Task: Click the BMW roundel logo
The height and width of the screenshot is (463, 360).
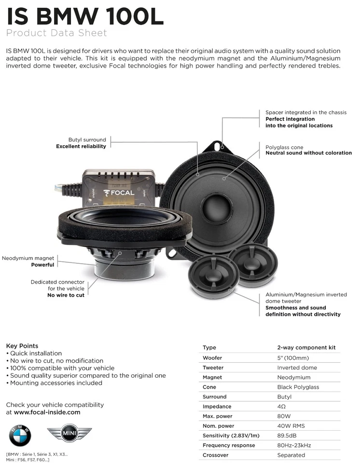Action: tap(20, 436)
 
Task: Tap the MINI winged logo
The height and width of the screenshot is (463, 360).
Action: tap(69, 434)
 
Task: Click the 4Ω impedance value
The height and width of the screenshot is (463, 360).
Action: tap(282, 407)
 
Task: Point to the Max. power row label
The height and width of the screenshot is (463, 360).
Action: tap(218, 416)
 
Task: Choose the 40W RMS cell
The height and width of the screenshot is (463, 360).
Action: tap(291, 426)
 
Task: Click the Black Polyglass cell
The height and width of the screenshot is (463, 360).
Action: tap(298, 387)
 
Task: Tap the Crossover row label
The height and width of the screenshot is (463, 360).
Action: tap(216, 455)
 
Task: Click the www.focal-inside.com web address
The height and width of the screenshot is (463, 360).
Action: tap(47, 412)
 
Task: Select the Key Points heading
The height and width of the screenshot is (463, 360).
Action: tap(22, 346)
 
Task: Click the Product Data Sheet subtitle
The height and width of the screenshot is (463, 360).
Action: tap(56, 33)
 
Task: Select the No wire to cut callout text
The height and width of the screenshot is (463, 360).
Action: tap(66, 295)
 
